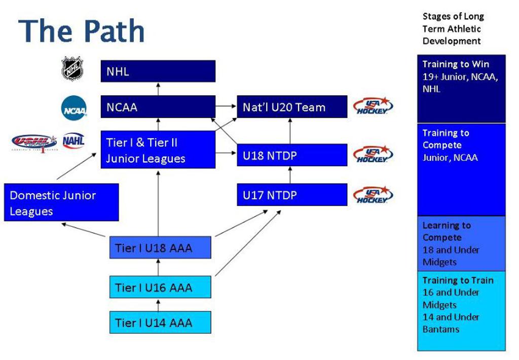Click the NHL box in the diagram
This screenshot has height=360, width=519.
point(158,71)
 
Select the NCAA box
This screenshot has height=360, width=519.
point(158,106)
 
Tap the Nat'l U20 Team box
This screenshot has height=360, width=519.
point(292,106)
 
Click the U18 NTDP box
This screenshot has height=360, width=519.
point(292,155)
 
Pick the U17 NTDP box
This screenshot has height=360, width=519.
point(292,195)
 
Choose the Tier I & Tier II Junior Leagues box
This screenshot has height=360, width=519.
point(158,150)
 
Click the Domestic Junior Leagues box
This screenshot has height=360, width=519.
point(61,202)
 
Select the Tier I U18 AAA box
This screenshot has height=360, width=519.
point(160,247)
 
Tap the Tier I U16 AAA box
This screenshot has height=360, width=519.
point(160,287)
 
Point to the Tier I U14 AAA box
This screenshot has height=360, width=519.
point(160,322)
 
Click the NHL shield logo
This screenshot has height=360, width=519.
point(72,68)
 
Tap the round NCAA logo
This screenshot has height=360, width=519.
point(74,108)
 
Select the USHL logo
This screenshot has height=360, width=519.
point(34,142)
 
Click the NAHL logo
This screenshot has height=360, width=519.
point(73,141)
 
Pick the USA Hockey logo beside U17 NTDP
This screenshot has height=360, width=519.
point(373,195)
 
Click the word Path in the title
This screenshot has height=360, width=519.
point(115,31)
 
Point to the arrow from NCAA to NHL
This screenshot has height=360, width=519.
point(158,89)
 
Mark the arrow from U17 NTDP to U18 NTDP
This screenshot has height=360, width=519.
point(290,175)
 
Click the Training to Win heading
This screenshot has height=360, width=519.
point(456,64)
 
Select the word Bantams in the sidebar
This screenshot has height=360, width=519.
point(441,330)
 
